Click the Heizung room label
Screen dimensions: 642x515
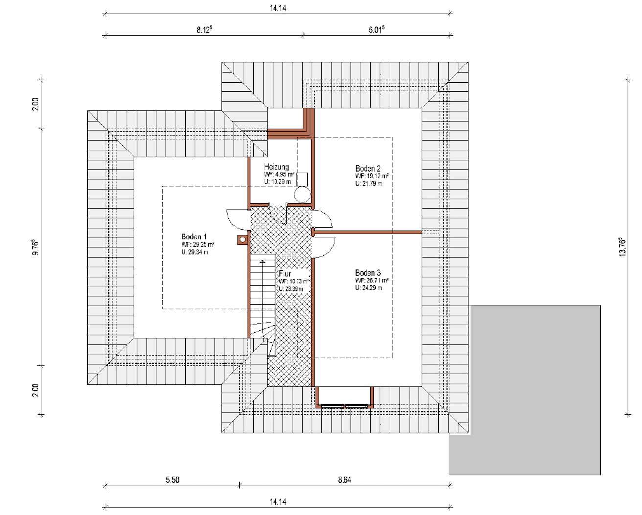point(276,167)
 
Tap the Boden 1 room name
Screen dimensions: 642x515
point(194,237)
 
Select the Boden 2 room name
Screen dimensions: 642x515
point(368,168)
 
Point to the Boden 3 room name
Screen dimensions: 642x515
point(367,273)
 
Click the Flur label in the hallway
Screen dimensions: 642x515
point(285,274)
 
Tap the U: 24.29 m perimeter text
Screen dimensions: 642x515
point(368,288)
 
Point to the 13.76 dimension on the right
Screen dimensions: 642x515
point(622,247)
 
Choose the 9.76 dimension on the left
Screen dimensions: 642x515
point(35,247)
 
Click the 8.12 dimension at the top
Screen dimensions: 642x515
point(205,30)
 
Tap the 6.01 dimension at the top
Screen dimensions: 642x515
point(376,30)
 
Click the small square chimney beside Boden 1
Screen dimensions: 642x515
point(243,240)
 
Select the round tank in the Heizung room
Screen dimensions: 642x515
point(302,195)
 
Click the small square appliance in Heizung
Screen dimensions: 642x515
point(302,180)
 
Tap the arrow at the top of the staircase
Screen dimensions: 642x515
point(262,262)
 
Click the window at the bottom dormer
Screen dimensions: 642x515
point(344,406)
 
